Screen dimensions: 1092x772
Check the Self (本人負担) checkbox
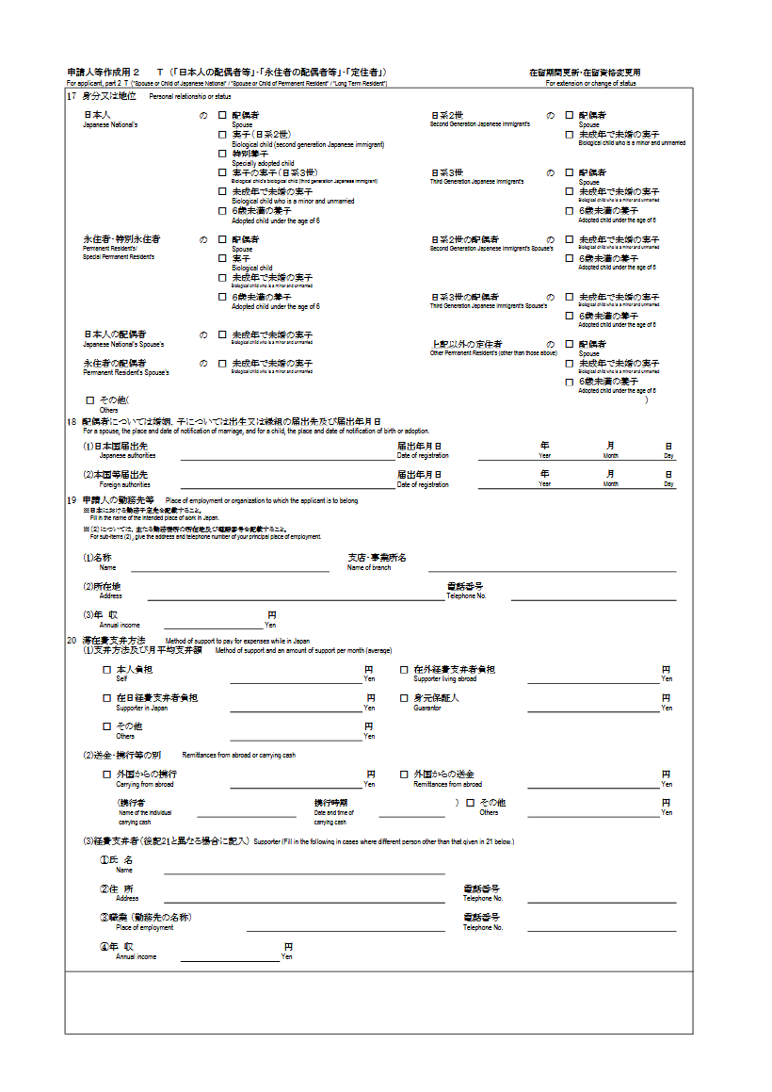(x=106, y=670)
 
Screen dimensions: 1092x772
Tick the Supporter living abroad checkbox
(x=404, y=670)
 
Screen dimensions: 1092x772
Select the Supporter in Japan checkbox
(x=106, y=698)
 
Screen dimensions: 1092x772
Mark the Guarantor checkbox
(x=404, y=698)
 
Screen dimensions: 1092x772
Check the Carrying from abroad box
(x=106, y=774)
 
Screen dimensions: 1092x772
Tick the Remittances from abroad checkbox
(x=404, y=774)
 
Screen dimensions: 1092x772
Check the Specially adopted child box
(x=222, y=154)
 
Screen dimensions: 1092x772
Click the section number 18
(x=72, y=422)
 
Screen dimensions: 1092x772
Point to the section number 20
(x=72, y=641)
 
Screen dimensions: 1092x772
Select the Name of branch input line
(x=552, y=570)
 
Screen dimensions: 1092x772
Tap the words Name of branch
(x=369, y=568)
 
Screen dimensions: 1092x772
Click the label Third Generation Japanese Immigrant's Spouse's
(x=489, y=306)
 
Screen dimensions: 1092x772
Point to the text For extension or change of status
(x=590, y=84)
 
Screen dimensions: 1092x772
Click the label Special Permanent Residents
(x=119, y=256)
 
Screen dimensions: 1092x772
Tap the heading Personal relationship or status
(x=190, y=97)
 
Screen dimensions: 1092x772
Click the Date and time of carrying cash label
(x=334, y=817)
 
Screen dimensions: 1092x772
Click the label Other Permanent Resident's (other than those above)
(x=493, y=353)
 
